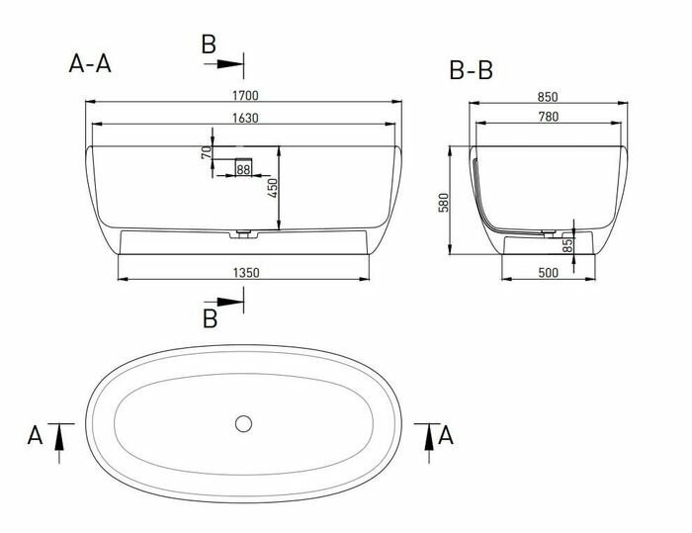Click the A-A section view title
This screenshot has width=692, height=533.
[x=90, y=64]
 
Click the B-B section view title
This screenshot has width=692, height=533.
[x=471, y=70]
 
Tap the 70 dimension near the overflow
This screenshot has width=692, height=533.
[x=206, y=153]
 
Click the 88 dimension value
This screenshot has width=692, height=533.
[x=244, y=171]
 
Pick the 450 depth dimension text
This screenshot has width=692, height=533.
[x=270, y=188]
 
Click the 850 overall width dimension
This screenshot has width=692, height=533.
[x=549, y=96]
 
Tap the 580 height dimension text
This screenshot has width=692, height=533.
[x=444, y=202]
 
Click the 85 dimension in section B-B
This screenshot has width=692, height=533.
[x=567, y=244]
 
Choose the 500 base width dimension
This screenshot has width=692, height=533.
[x=549, y=272]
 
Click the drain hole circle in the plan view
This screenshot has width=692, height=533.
[x=244, y=424]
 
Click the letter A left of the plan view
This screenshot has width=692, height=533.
[x=36, y=434]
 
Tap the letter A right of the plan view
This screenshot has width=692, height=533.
[x=446, y=434]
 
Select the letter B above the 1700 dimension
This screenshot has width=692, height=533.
[x=208, y=44]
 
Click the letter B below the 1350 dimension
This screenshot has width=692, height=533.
[x=210, y=318]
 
